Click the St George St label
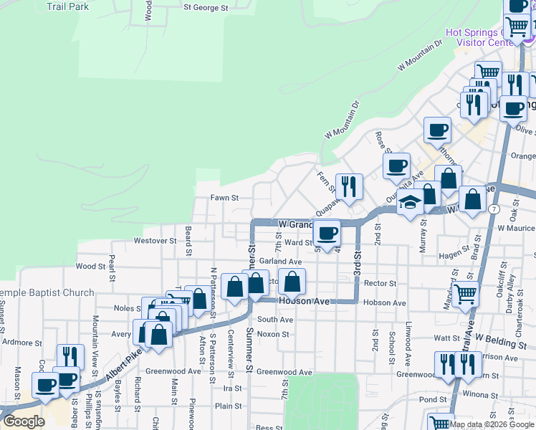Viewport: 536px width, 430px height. [x=205, y=8]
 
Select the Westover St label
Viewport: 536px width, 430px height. [x=155, y=242]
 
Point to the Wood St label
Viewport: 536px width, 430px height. [x=90, y=267]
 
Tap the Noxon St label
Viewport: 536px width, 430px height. [x=272, y=334]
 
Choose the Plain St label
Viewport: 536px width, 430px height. [x=229, y=406]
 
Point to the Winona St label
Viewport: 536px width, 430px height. [x=479, y=395]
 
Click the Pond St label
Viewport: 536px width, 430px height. [x=433, y=399]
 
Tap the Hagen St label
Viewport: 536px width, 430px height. [x=453, y=255]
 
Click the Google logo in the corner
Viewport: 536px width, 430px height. [x=23, y=421]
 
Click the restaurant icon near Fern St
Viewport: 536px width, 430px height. [x=349, y=186]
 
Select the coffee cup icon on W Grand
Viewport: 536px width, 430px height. [x=327, y=231]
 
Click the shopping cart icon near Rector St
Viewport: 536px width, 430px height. [x=466, y=292]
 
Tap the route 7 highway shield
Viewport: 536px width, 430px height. [x=494, y=209]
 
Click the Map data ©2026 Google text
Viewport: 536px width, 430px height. [x=492, y=424]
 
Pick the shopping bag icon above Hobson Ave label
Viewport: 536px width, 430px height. [x=292, y=281]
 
